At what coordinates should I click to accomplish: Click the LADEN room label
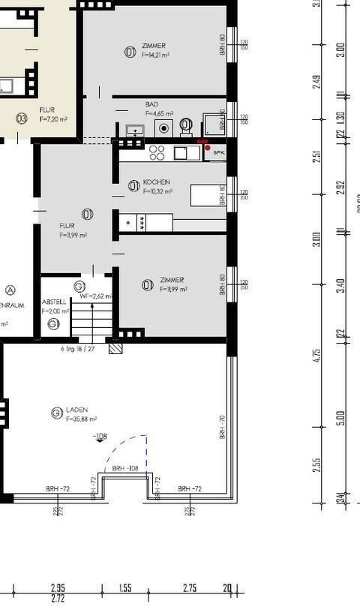click(x=77, y=410)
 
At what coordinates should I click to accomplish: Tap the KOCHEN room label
click(x=156, y=182)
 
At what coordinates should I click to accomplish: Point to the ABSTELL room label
click(x=54, y=302)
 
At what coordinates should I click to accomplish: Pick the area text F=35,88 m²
click(x=82, y=419)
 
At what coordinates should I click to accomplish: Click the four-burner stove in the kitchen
click(x=157, y=152)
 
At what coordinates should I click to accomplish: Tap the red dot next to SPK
click(x=208, y=148)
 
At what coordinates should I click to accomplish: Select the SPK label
click(x=219, y=153)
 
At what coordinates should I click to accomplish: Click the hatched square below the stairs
click(x=115, y=350)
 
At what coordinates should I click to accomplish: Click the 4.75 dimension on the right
click(x=317, y=355)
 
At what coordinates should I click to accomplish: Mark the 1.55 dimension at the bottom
click(x=125, y=590)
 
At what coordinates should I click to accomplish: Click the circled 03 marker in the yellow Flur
click(x=22, y=118)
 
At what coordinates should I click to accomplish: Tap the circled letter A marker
click(x=10, y=290)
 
